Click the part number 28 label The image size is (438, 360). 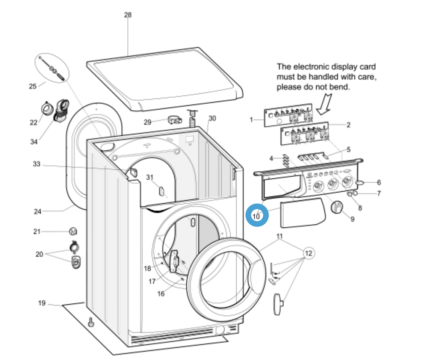[128, 15]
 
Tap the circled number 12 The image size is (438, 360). [308, 254]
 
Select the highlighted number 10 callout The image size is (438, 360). [257, 216]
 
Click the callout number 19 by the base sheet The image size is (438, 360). [42, 303]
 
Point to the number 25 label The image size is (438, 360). [33, 86]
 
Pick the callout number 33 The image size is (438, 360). [36, 164]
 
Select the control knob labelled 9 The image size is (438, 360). [337, 207]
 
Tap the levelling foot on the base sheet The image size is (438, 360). [91, 322]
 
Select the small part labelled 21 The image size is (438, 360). [73, 231]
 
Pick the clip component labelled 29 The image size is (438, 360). [175, 120]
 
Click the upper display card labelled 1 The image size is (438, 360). [288, 115]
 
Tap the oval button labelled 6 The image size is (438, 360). [360, 182]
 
